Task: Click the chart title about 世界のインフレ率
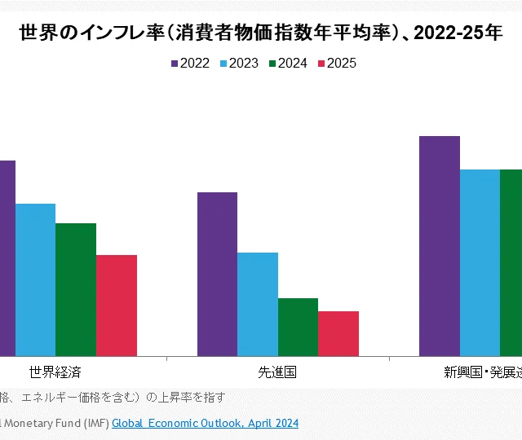click(x=260, y=34)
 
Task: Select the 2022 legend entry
click(x=191, y=64)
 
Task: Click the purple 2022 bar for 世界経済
click(x=7, y=257)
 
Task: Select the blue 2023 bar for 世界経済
click(x=35, y=279)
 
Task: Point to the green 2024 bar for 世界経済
click(x=76, y=289)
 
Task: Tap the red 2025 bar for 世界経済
click(x=117, y=306)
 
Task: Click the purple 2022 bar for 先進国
click(x=217, y=274)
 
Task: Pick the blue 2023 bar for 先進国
click(x=258, y=304)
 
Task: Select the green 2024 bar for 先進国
click(x=298, y=327)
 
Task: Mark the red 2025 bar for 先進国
click(x=338, y=333)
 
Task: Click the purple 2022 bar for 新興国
click(x=440, y=245)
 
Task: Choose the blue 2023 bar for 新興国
click(x=480, y=262)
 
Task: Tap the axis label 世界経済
click(x=55, y=372)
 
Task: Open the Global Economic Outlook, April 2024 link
click(x=205, y=423)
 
